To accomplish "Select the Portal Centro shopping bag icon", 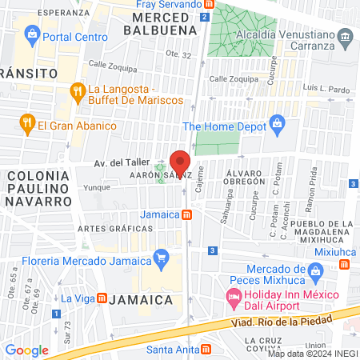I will tap(32, 34).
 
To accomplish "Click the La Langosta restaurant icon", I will tap(78, 91).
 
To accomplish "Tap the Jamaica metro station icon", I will tap(186, 214).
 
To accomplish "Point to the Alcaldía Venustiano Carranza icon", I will tap(345, 36).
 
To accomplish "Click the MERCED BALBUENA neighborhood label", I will tap(165, 23).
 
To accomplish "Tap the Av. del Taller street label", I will tap(121, 161).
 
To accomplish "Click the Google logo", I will tap(26, 350).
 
